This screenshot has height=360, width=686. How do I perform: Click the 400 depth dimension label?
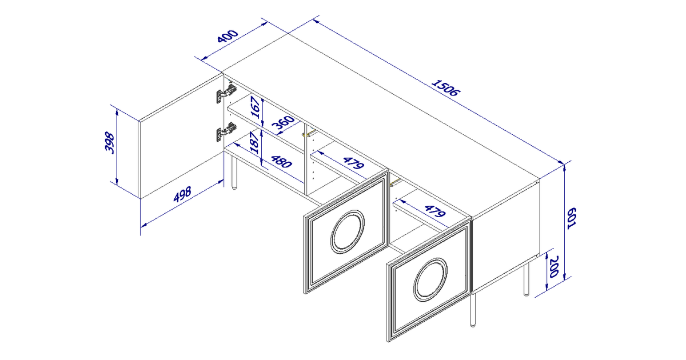click(x=228, y=36)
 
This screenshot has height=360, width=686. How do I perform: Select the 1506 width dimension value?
click(x=445, y=88)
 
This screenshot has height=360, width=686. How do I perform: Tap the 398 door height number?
click(x=109, y=143)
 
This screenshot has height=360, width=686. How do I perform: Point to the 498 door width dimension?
click(x=182, y=194)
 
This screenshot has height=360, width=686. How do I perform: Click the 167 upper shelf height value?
click(x=256, y=107)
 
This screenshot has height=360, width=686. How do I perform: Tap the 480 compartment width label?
click(x=281, y=162)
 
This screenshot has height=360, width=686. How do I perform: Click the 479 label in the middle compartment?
click(x=354, y=163)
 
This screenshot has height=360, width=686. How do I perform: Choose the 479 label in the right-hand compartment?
click(x=435, y=211)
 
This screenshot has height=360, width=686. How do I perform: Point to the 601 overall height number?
click(x=572, y=218)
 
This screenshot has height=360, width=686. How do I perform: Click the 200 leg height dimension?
click(x=555, y=266)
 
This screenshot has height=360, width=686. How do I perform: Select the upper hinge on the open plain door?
click(x=226, y=93)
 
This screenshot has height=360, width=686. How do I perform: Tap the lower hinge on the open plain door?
click(x=226, y=132)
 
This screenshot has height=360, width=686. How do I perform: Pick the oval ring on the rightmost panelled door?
click(x=430, y=279)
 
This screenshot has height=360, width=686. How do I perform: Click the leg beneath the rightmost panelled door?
click(x=473, y=310)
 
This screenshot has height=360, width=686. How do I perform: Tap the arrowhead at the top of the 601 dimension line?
click(x=564, y=167)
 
